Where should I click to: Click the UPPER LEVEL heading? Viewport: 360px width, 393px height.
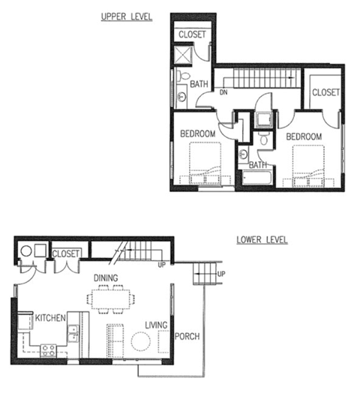pos(126,16)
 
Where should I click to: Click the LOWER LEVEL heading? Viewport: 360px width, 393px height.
pos(262,241)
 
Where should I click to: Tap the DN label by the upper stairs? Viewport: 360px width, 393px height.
pos(223,93)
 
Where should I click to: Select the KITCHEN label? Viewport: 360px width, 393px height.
pos(51,319)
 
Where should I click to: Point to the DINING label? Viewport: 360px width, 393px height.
pos(107,277)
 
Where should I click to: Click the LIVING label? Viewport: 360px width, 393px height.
pos(156,325)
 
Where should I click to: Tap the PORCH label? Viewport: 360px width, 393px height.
pos(187,337)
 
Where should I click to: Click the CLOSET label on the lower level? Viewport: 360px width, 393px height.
pos(66,254)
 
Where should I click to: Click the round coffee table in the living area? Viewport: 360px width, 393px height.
pos(141,341)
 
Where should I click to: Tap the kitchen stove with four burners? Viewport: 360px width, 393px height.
pos(48,349)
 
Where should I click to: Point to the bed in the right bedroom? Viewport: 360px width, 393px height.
pos(308,166)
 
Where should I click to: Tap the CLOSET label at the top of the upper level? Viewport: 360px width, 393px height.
pos(193,34)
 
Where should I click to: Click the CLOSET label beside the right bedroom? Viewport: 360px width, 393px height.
pos(325,92)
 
